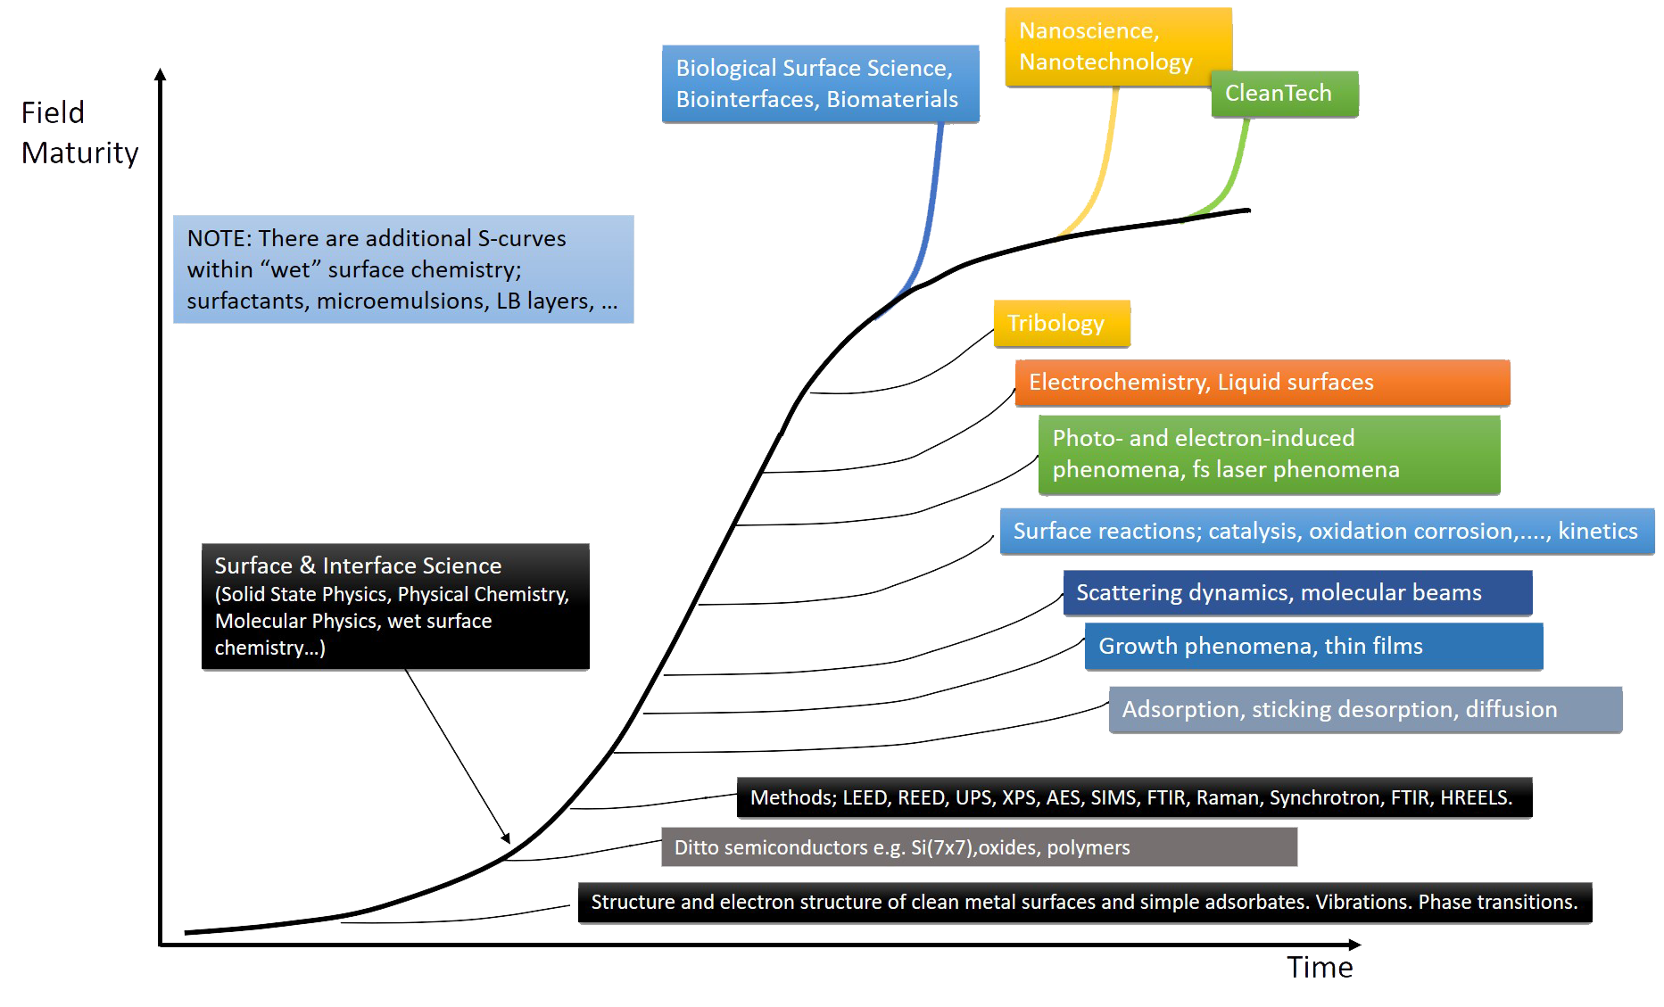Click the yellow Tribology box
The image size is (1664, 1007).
tap(1061, 323)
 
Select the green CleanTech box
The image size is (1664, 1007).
tap(1284, 94)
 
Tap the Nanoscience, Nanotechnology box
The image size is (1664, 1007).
tap(1117, 46)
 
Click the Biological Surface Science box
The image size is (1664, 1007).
tap(819, 84)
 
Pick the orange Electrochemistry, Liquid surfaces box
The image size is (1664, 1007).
tap(1262, 383)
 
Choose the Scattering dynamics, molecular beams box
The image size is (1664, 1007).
tap(1296, 593)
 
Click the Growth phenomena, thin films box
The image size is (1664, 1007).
tap(1312, 647)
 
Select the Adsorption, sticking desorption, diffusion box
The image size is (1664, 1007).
tap(1364, 710)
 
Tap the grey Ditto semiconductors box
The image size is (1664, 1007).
tap(978, 847)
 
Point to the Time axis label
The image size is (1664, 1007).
tap(1319, 967)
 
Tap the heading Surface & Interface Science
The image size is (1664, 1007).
tap(358, 565)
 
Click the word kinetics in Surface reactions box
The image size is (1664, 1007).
tap(1597, 532)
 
